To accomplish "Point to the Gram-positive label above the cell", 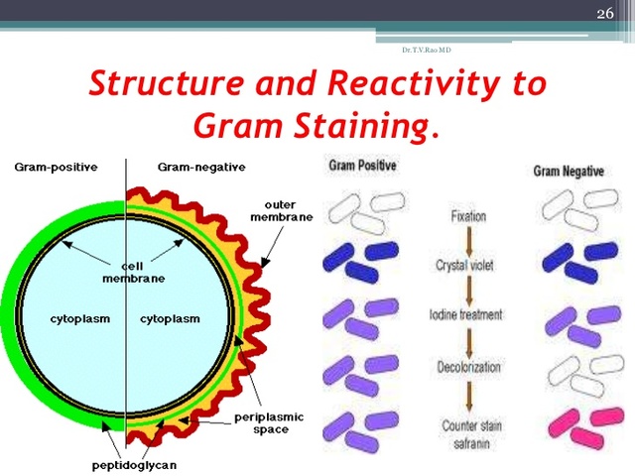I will pos(56,167).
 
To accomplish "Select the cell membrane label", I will pos(133,273).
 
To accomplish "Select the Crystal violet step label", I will pos(466,265).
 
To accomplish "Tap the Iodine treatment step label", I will pos(465,314).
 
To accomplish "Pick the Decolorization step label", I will pos(466,367).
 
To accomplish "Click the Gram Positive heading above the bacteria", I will pos(362,166).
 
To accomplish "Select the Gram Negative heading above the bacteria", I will pos(570,171).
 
